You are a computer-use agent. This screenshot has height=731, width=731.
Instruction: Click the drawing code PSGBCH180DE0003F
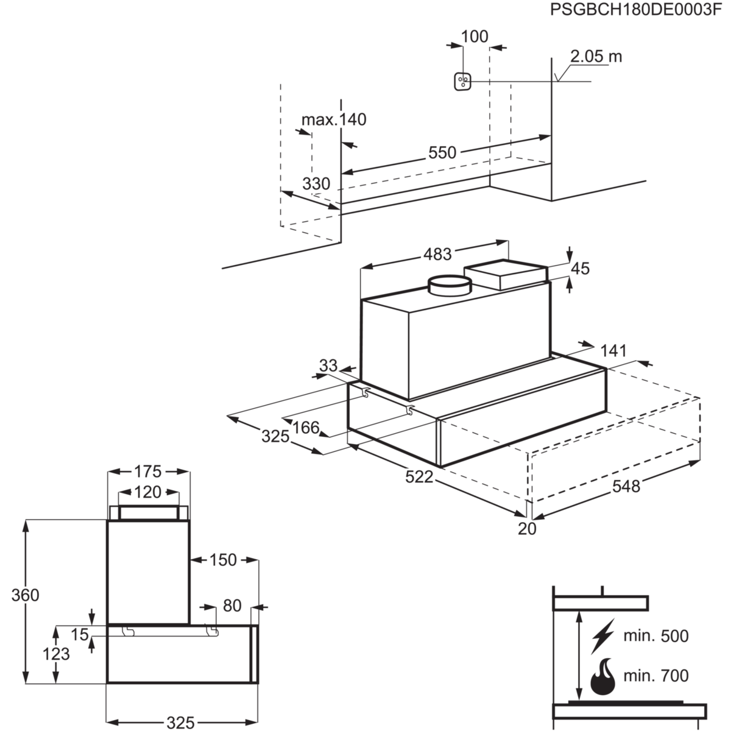pyautogui.click(x=639, y=10)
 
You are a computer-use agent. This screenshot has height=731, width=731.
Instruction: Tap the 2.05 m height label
pyautogui.click(x=596, y=57)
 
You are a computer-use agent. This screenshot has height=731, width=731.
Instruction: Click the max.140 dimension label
pyautogui.click(x=334, y=119)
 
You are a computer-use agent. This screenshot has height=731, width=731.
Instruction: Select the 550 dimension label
pyautogui.click(x=442, y=152)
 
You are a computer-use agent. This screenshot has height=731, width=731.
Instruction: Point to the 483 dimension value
pyautogui.click(x=437, y=254)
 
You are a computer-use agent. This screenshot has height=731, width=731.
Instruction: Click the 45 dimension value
pyautogui.click(x=581, y=268)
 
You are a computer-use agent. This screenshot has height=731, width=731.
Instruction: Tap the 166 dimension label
pyautogui.click(x=306, y=428)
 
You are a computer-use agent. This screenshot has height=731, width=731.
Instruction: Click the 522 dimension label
pyautogui.click(x=420, y=477)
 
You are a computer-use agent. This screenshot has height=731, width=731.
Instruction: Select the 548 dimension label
pyautogui.click(x=626, y=486)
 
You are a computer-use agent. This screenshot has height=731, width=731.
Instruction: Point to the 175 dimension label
pyautogui.click(x=148, y=471)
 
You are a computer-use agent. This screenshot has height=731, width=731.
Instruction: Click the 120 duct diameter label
pyautogui.click(x=148, y=492)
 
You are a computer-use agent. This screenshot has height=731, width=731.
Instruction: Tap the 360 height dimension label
pyautogui.click(x=26, y=595)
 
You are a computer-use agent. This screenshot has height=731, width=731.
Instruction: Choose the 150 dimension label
pyautogui.click(x=223, y=559)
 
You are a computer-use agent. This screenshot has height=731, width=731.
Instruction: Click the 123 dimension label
pyautogui.click(x=57, y=655)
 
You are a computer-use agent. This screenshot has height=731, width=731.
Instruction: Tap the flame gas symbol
pyautogui.click(x=602, y=676)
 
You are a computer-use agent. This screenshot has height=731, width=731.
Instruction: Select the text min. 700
pyautogui.click(x=656, y=676)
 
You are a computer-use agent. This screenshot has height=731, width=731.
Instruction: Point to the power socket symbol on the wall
pyautogui.click(x=463, y=82)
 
